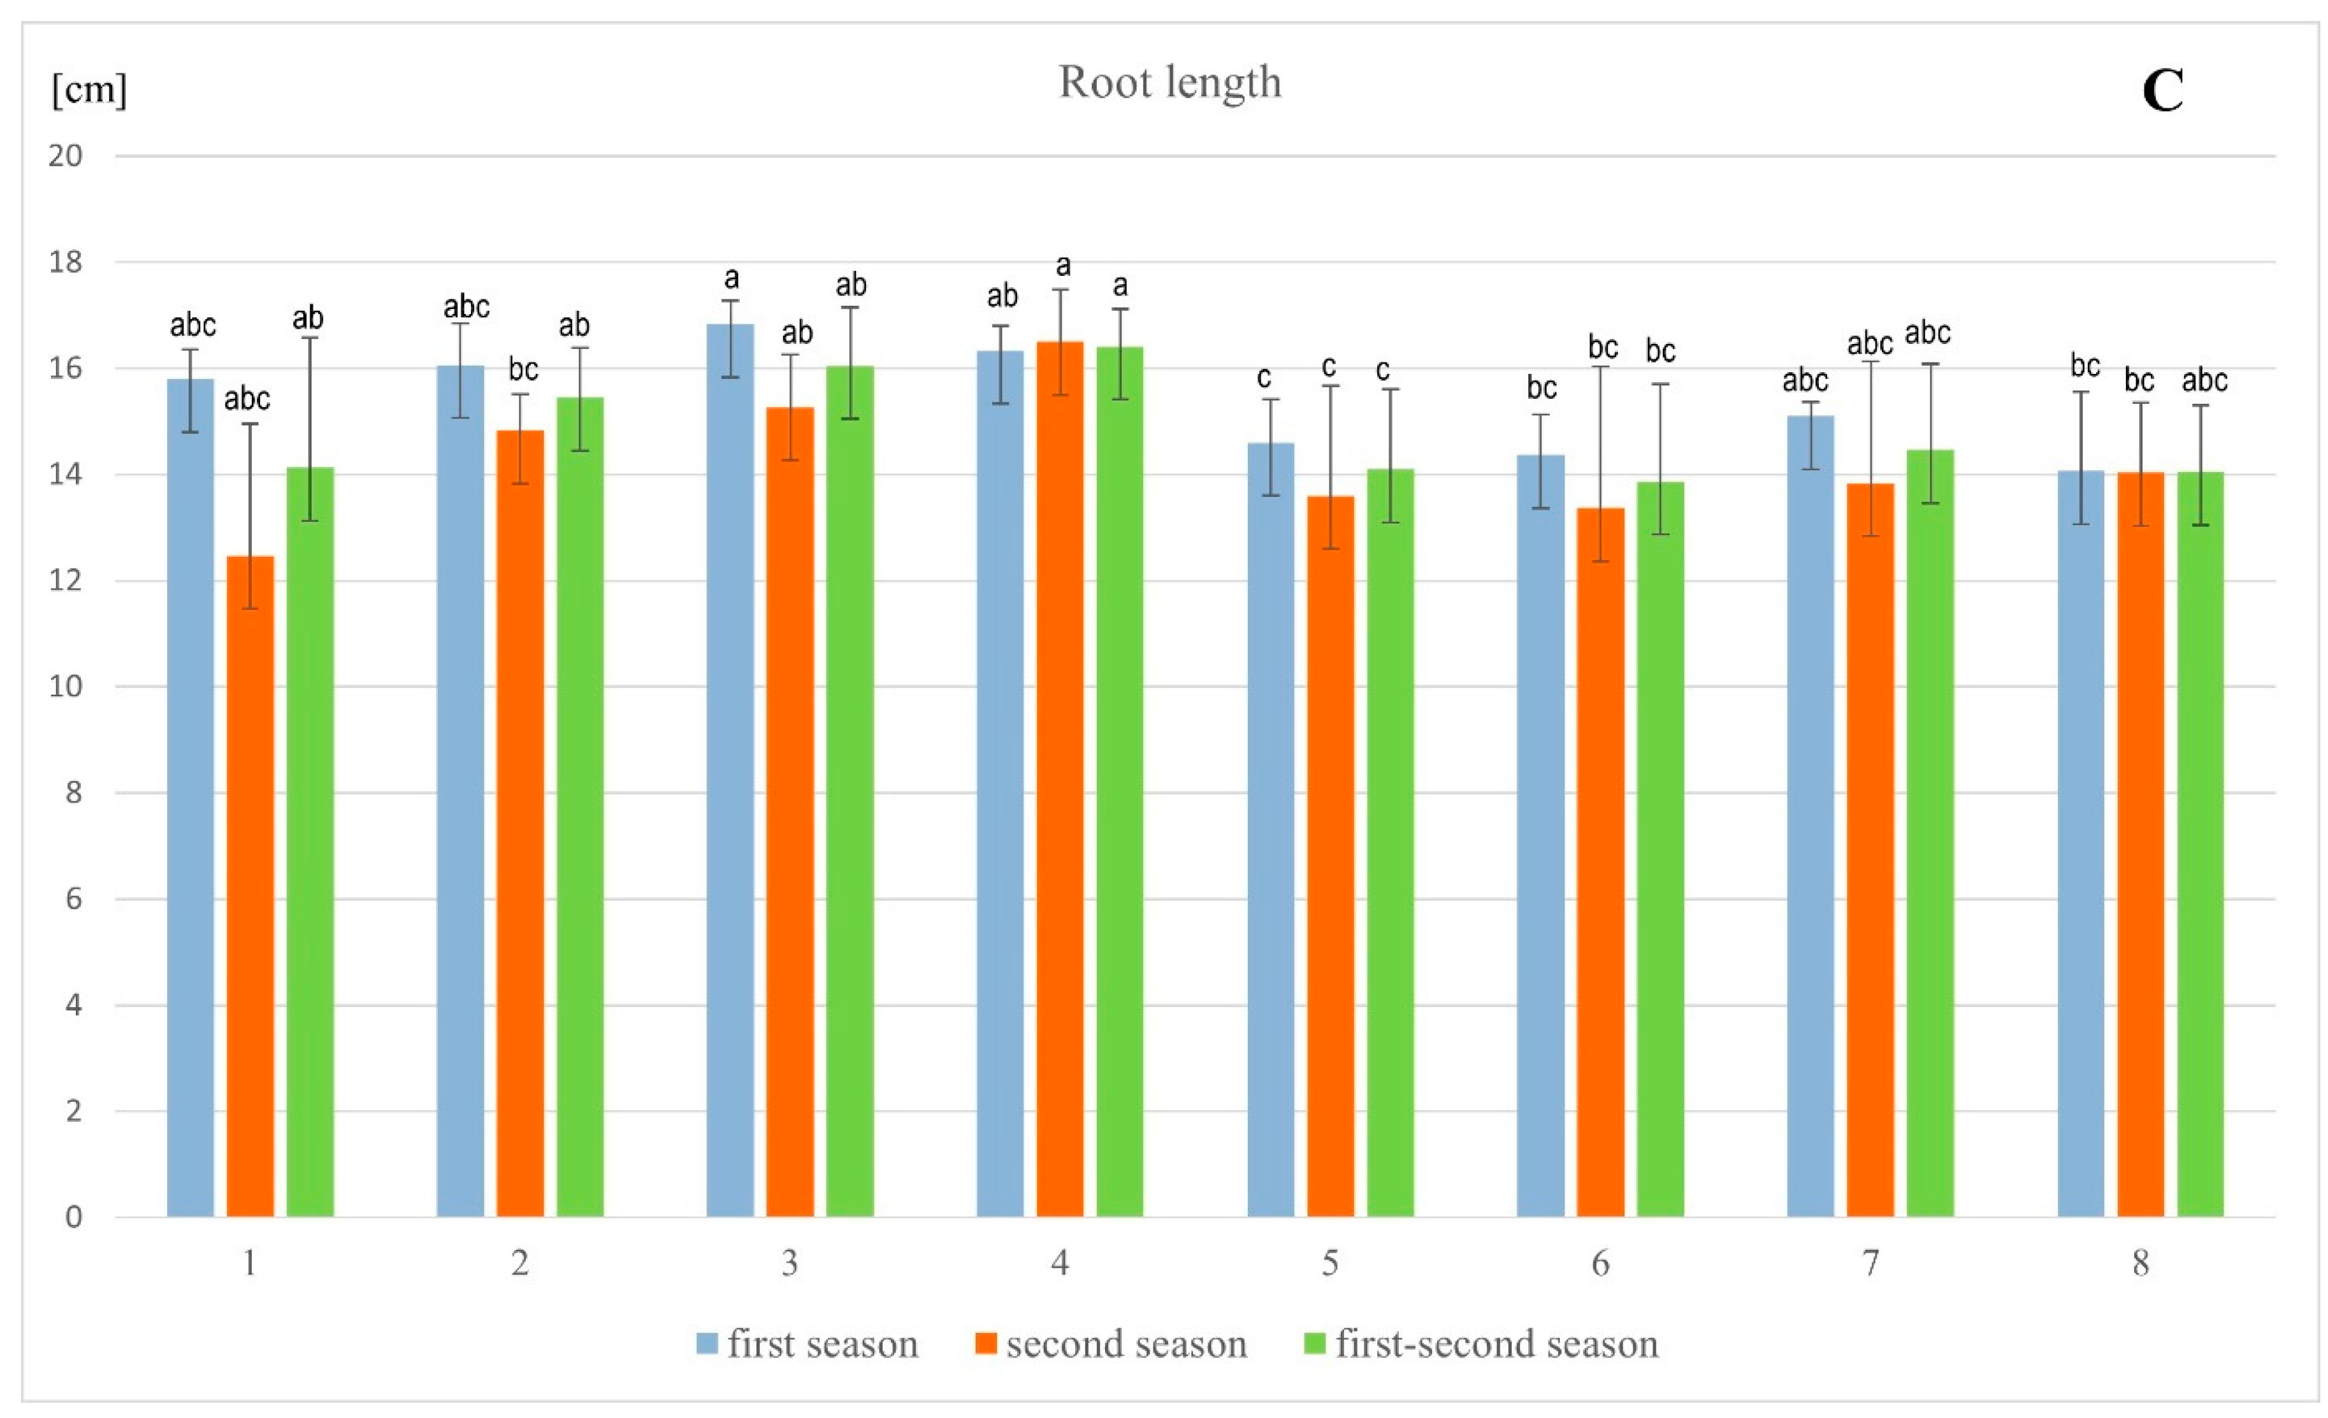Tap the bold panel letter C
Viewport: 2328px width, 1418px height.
coord(2163,92)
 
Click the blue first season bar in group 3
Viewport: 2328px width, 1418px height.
coord(730,770)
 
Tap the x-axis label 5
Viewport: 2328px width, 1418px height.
coord(1329,1263)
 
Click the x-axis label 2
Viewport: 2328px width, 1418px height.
coord(519,1263)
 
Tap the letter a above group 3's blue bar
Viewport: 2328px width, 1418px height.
coord(731,278)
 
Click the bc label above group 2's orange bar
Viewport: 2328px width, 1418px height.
coord(523,368)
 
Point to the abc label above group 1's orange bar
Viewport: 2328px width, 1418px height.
coord(247,399)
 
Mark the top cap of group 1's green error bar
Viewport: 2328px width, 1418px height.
coord(311,338)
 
